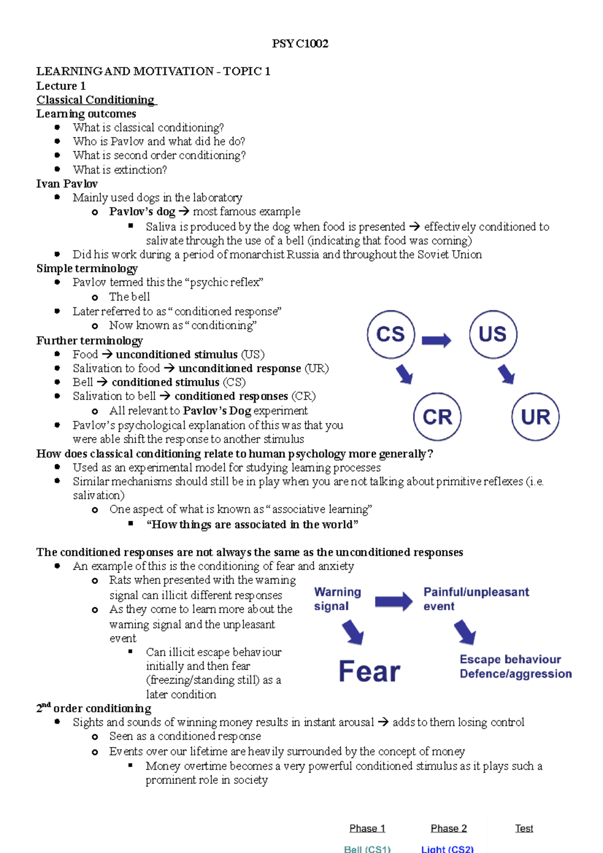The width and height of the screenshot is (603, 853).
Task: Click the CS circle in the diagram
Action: click(390, 334)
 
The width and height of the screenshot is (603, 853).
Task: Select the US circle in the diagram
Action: click(493, 334)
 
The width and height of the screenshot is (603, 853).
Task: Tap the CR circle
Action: click(437, 416)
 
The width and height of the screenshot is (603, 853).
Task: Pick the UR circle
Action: click(535, 416)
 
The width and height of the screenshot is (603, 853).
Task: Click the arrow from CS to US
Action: click(436, 341)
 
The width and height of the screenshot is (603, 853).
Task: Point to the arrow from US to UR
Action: click(507, 374)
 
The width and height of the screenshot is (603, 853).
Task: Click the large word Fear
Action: click(369, 671)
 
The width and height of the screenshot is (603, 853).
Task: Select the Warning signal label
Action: click(337, 599)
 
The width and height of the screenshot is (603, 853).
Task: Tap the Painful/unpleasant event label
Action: click(476, 599)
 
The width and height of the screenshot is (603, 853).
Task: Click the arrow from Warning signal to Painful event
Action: click(393, 601)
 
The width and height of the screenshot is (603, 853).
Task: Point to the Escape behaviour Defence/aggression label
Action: click(515, 666)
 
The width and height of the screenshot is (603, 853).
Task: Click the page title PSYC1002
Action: click(300, 44)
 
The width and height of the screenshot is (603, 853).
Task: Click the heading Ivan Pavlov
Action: click(67, 183)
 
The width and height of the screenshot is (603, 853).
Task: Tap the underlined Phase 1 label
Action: click(367, 828)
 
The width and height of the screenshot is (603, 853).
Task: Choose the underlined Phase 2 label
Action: click(449, 828)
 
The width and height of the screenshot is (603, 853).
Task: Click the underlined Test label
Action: click(524, 828)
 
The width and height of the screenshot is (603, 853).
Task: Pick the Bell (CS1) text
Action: click(367, 849)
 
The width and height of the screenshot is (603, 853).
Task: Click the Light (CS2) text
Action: click(447, 849)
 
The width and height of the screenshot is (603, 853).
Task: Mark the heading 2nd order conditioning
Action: click(94, 708)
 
